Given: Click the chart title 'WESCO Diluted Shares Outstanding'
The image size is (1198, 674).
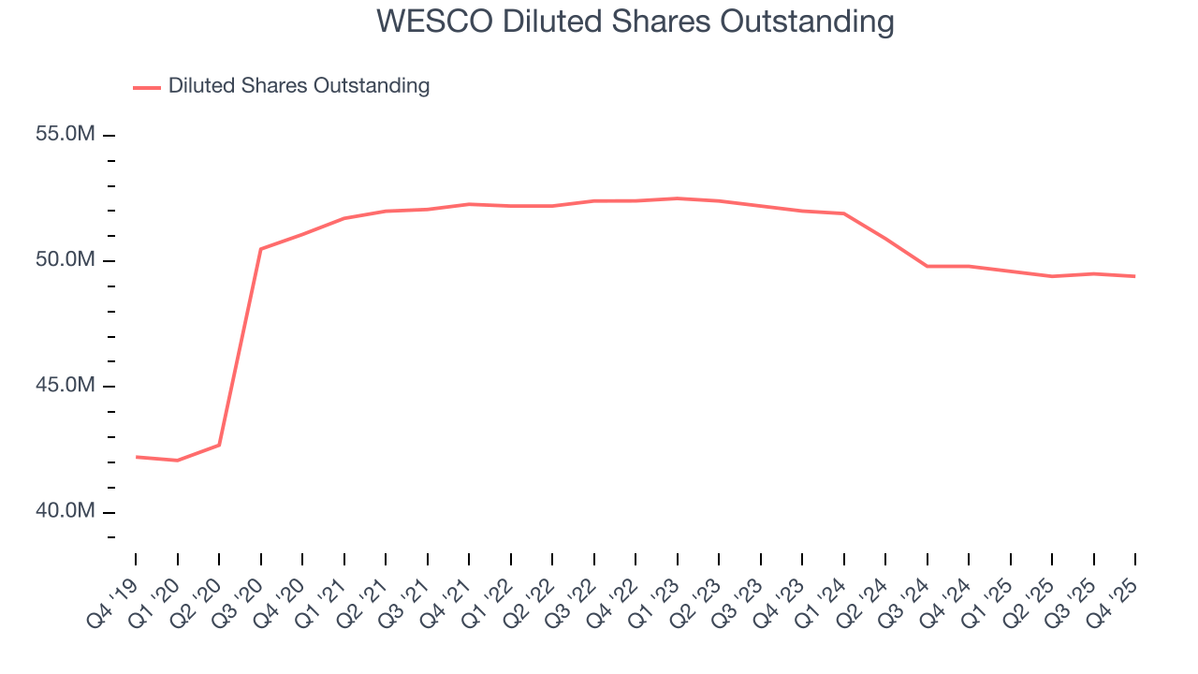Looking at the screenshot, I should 635,22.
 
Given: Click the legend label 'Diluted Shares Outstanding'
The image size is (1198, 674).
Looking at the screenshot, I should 299,86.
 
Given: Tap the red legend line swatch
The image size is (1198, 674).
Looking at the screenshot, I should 147,87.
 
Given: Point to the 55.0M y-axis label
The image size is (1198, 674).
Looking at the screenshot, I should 66,135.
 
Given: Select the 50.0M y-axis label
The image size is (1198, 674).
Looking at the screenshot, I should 66,260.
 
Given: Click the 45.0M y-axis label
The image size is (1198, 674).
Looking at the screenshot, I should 66,386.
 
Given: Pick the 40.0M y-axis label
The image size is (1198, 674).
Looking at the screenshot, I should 66,511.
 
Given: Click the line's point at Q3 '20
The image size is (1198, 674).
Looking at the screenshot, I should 260,249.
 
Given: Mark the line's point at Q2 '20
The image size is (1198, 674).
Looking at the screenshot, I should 219,445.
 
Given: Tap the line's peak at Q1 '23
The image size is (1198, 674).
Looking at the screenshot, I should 677,198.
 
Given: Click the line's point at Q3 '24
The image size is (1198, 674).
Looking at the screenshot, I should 928,266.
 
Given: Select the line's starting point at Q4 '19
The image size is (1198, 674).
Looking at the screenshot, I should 136,457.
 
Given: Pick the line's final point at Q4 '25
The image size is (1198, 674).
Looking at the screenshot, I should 1135,276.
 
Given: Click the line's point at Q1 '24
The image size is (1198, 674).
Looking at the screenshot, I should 844,213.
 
